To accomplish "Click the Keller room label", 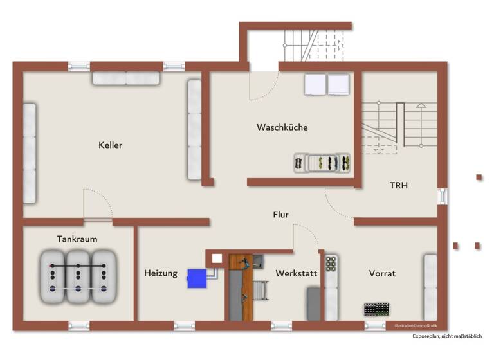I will pos(110,145).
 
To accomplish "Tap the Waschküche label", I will pos(282,127).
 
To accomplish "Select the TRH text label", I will pos(399,185).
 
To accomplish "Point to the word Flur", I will pos(280,215).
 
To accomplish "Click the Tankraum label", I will pos(77,239).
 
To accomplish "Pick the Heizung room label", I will pos(160,273).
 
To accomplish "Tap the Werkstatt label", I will pos(296,273).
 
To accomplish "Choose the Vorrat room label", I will pos(382,273).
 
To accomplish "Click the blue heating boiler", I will pos(196,278).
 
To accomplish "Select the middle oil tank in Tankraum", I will pos(78,276).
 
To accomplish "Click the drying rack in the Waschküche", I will pos(322,163).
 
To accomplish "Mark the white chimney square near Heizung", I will pos(217,258).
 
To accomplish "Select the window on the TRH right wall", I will pos(442,196).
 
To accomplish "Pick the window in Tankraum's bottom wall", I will pos(78,326).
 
